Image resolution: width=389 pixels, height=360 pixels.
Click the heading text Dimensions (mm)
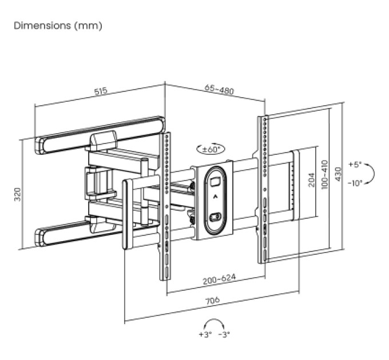click(58, 26)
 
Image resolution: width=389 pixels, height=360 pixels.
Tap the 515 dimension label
click(101, 91)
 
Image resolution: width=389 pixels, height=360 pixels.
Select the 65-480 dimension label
click(219, 90)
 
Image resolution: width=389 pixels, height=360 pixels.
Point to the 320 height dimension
click(17, 194)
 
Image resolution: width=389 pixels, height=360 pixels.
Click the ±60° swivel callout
click(211, 149)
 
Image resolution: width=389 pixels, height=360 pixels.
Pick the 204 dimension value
click(311, 180)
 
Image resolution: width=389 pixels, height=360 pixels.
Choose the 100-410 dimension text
click(324, 175)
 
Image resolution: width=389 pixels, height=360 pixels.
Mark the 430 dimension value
click(338, 174)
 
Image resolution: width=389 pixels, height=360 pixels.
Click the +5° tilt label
click(355, 165)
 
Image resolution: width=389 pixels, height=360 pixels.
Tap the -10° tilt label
click(355, 183)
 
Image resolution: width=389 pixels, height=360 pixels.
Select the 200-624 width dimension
click(219, 279)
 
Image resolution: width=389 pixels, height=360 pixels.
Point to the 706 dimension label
click(213, 301)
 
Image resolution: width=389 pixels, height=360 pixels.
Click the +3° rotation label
click(205, 334)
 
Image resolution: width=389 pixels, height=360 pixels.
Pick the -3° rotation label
click(224, 334)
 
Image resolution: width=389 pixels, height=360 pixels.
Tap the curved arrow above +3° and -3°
click(214, 319)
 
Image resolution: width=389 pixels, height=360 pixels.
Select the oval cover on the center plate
click(215, 201)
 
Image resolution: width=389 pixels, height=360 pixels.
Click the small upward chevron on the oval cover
click(215, 197)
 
